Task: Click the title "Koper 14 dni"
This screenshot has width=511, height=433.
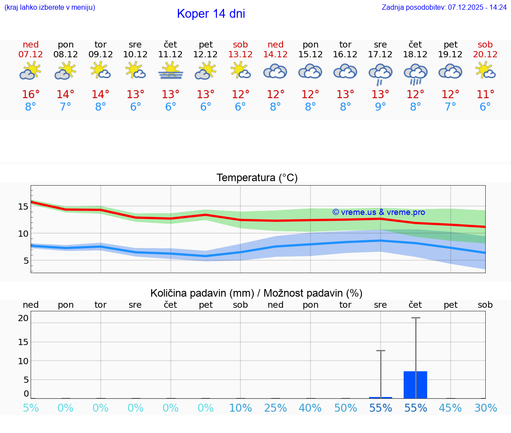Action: click(211, 14)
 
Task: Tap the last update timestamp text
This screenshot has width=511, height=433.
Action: click(444, 7)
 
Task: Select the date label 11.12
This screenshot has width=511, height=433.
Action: click(170, 54)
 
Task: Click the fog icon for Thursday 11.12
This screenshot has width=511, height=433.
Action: click(170, 71)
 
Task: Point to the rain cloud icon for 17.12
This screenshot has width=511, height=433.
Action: click(380, 73)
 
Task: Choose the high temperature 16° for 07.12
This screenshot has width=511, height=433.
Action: click(31, 94)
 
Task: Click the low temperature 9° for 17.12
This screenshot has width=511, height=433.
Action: click(380, 107)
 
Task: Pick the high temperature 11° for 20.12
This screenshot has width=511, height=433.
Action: click(485, 94)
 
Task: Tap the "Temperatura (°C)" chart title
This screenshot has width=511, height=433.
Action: click(257, 178)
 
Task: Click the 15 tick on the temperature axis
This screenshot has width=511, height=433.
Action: click(23, 207)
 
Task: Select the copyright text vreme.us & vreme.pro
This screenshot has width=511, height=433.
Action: click(379, 212)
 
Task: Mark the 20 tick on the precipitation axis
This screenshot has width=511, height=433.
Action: click(23, 318)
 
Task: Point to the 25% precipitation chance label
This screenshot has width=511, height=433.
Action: click(275, 408)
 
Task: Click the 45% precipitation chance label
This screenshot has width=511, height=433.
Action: click(450, 408)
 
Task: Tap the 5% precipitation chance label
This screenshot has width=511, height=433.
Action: click(31, 408)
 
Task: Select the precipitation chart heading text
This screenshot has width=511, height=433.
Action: click(256, 293)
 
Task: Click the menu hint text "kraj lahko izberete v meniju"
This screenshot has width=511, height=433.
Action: click(49, 7)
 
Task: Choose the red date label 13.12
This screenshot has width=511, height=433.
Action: click(240, 54)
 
